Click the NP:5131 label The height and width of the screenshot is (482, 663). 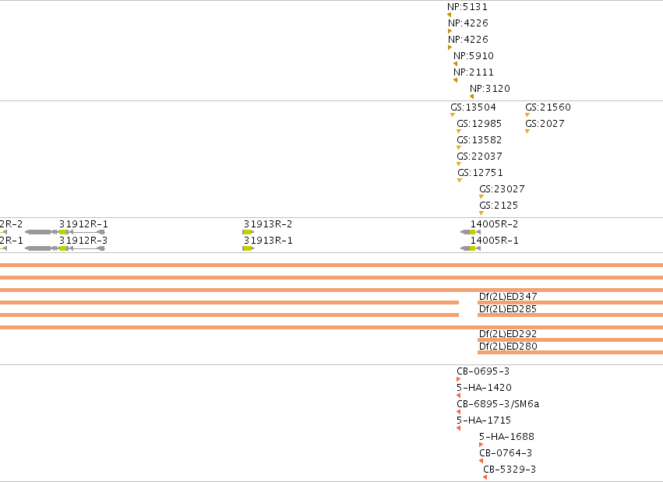pyautogui.click(x=467, y=7)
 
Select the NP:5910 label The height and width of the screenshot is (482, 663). pyautogui.click(x=474, y=56)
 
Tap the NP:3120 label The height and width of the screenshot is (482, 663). pyautogui.click(x=490, y=89)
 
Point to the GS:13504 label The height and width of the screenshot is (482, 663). pyautogui.click(x=473, y=107)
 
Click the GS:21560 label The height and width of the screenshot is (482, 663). pyautogui.click(x=548, y=107)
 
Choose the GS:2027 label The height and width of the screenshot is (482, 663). pyautogui.click(x=545, y=124)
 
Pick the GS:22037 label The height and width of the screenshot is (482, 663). pyautogui.click(x=479, y=157)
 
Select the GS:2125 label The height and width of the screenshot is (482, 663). pyautogui.click(x=499, y=206)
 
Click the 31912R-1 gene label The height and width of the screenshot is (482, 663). pyautogui.click(x=83, y=224)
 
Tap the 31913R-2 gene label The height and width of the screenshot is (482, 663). pyautogui.click(x=268, y=224)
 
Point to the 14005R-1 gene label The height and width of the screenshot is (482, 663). pyautogui.click(x=494, y=241)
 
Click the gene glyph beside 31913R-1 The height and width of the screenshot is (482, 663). pyautogui.click(x=249, y=248)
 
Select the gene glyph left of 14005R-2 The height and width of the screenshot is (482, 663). pyautogui.click(x=471, y=232)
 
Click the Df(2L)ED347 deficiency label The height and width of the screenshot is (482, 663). pyautogui.click(x=508, y=297)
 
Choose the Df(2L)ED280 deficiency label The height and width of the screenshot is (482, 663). pyautogui.click(x=508, y=347)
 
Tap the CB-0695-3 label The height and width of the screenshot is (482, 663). pyautogui.click(x=483, y=371)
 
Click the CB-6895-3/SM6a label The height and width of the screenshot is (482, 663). pyautogui.click(x=498, y=404)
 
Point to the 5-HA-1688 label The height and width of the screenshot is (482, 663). pyautogui.click(x=506, y=437)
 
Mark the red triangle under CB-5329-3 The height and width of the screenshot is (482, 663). pyautogui.click(x=485, y=477)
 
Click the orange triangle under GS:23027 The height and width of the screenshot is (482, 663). pyautogui.click(x=481, y=196)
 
